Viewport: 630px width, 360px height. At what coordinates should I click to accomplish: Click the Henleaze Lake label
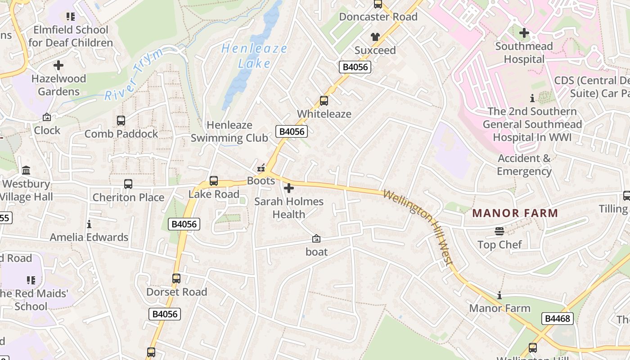click(254, 55)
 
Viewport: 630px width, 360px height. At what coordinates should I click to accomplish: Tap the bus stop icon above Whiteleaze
click(324, 101)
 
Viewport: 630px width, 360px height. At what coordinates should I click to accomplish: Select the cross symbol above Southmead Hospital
click(524, 33)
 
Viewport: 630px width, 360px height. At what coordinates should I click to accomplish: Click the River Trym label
click(134, 75)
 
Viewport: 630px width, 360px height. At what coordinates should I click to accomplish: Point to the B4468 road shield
click(558, 319)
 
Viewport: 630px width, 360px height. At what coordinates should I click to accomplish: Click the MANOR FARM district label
click(515, 213)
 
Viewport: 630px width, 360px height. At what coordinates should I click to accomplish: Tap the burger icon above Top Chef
click(499, 231)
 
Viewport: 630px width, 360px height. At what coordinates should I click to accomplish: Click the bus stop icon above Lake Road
click(214, 181)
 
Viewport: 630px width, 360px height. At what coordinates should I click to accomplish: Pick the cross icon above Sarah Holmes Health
click(289, 188)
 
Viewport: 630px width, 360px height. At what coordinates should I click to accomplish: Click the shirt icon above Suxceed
click(375, 37)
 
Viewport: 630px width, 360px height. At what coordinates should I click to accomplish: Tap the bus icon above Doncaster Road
click(378, 4)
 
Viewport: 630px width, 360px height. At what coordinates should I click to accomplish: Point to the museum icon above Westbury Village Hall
click(26, 171)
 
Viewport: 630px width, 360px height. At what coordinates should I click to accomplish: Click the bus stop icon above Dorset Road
click(176, 279)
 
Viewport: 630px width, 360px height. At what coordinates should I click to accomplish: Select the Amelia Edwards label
click(89, 237)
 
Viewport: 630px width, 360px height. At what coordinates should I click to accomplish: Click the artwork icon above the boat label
click(316, 238)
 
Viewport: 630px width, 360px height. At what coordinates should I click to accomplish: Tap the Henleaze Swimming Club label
click(229, 131)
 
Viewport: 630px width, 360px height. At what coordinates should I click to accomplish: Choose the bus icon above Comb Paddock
click(121, 121)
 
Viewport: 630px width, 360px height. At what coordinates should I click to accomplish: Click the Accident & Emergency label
click(524, 165)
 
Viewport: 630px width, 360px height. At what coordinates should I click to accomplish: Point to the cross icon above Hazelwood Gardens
click(58, 66)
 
